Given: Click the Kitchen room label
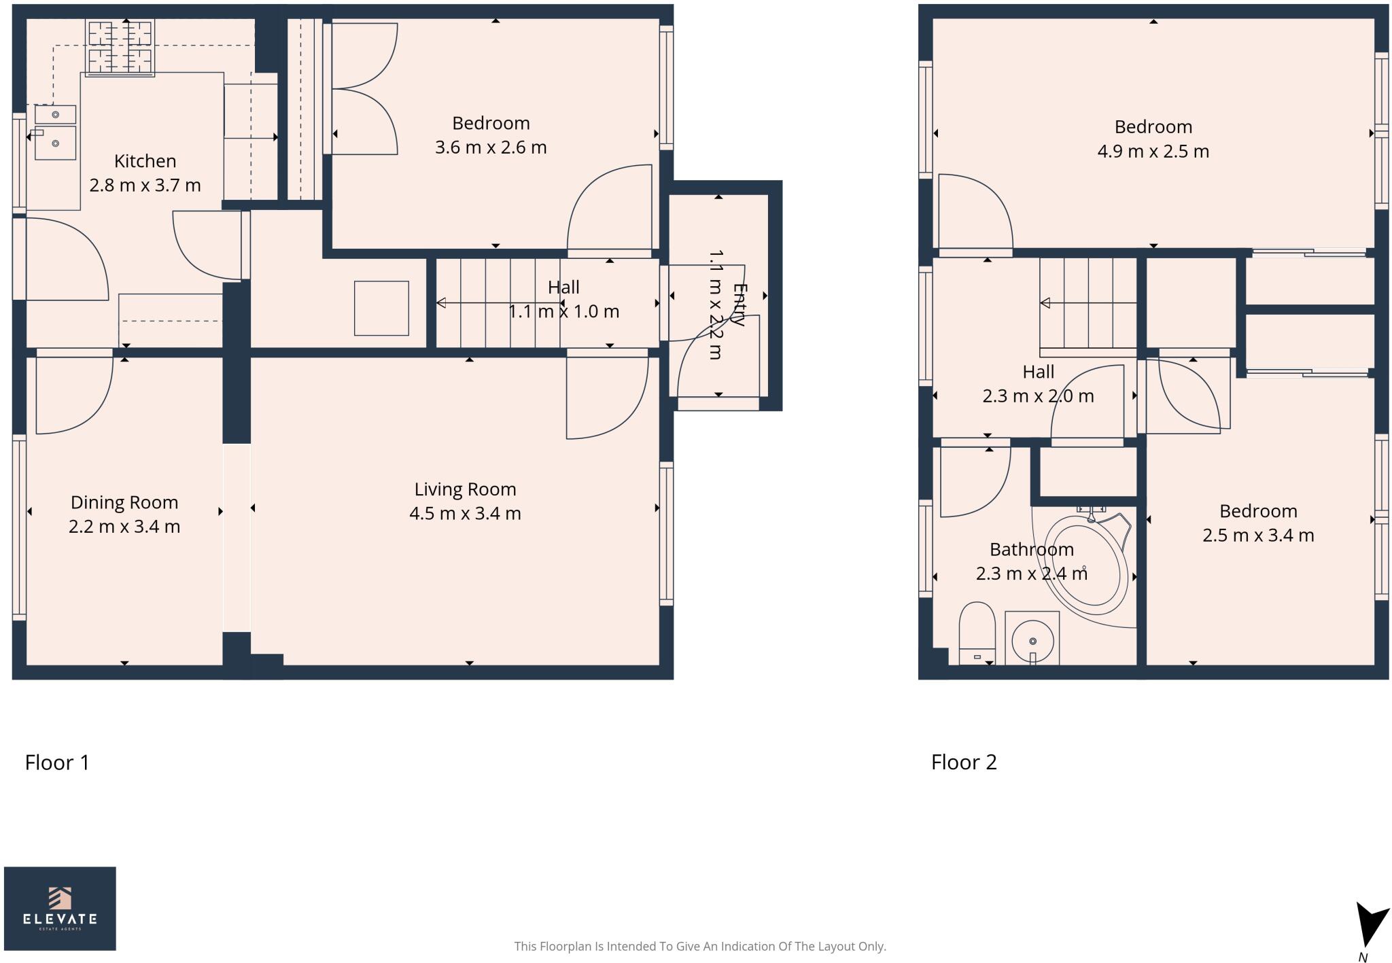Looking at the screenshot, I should [145, 161].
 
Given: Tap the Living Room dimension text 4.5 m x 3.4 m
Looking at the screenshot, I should [465, 513].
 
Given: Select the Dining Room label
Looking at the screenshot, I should [124, 502].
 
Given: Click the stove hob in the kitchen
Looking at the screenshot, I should [120, 46].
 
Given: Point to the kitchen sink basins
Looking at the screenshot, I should [55, 133].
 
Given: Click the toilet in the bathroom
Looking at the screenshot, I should [977, 632].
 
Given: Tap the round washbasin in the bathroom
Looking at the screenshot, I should [1032, 640].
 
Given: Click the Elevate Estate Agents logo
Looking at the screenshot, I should [60, 908].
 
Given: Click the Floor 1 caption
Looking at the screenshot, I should [57, 763].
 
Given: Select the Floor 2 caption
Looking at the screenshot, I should [964, 763].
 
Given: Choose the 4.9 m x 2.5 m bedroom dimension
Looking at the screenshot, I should [1153, 151].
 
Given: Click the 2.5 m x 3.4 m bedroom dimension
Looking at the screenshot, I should [1258, 536].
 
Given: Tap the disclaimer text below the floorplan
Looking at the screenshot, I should [700, 946].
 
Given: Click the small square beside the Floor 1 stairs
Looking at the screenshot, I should [381, 308].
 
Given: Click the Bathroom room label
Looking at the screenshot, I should [1031, 549].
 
